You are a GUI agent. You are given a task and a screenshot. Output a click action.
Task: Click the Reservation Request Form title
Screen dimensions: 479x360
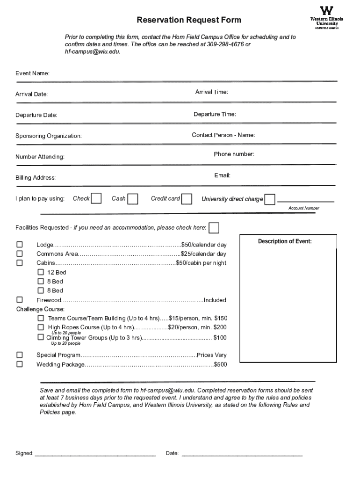[x=189, y=20]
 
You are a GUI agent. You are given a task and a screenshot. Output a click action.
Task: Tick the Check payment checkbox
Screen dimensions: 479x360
[x=96, y=199]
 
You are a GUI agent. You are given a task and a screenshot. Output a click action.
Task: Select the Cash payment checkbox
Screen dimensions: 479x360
[x=133, y=199]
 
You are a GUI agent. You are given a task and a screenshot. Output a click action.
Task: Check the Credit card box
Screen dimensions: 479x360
[x=187, y=199]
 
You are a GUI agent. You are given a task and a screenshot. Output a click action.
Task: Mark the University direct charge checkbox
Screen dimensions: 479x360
[x=270, y=199]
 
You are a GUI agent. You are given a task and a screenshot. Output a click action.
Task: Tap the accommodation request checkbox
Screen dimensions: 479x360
[x=214, y=228]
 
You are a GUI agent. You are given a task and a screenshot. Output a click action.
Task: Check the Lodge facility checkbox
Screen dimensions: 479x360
[x=20, y=245]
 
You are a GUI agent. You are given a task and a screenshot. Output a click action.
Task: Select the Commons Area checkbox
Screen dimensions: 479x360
[x=20, y=254]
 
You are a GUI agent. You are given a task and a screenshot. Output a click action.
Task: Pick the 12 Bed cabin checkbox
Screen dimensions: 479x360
[x=41, y=272]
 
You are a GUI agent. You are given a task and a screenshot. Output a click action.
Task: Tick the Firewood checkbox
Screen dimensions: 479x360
[x=20, y=300]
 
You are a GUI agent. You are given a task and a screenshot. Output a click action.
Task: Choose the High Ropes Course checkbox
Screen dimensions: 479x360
[x=41, y=327]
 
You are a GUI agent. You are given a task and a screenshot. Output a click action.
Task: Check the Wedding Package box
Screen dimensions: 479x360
[x=20, y=364]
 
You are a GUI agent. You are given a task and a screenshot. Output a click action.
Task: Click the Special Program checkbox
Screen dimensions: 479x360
[x=20, y=355]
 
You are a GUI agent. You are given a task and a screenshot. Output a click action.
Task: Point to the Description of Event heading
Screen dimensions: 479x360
[x=285, y=241]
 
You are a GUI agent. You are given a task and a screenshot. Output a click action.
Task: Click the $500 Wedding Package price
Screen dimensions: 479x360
[x=220, y=364]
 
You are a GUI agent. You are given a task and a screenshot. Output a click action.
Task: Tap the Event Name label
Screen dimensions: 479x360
[x=32, y=74]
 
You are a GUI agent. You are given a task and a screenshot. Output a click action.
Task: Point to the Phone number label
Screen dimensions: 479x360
[x=234, y=154]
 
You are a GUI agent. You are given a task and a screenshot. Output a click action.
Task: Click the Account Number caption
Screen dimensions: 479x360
[x=303, y=208]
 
